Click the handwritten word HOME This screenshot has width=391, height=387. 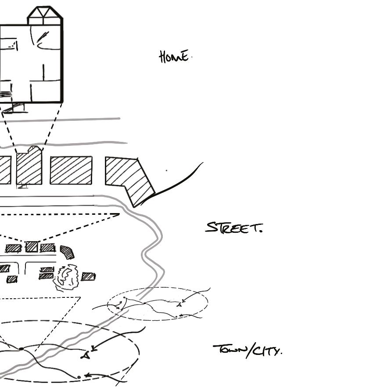[x=175, y=57]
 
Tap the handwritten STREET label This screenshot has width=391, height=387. [x=234, y=228]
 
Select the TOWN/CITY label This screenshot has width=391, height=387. [x=248, y=351]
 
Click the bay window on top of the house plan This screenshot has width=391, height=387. [x=45, y=15]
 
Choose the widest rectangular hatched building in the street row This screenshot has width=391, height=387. [x=71, y=170]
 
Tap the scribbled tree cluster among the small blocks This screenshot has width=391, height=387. [x=67, y=277]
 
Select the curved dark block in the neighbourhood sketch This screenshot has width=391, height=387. [x=67, y=252]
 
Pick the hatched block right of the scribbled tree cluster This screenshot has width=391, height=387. [x=88, y=276]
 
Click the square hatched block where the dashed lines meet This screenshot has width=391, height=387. [x=32, y=247]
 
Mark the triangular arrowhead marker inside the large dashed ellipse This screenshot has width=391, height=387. [x=86, y=355]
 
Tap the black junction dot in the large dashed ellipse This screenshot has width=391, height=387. [x=21, y=349]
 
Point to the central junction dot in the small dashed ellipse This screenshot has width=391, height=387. [x=144, y=303]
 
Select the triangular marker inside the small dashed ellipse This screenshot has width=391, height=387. [x=179, y=304]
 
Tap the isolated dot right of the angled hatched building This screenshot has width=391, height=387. [x=166, y=170]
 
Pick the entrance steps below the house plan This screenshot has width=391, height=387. [x=15, y=107]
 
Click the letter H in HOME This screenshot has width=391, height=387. [x=163, y=57]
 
